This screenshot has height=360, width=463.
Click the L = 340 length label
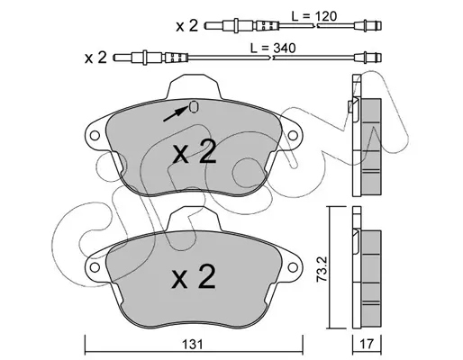[273, 48]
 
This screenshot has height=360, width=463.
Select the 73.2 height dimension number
[322, 269]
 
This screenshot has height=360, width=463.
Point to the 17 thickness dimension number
[367, 344]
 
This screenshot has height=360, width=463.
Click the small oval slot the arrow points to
[194, 107]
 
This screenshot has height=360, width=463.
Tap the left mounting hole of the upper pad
[95, 136]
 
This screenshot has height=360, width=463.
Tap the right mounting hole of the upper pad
[293, 136]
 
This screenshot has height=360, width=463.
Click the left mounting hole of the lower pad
[95, 267]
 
